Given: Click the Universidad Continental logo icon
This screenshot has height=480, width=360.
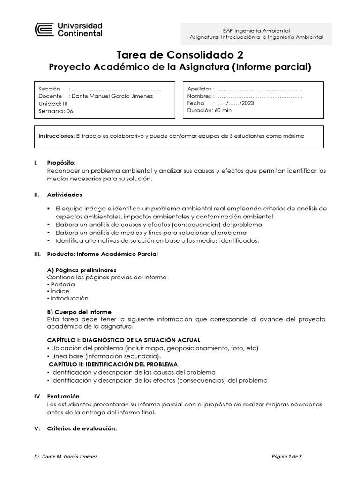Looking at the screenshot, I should coord(45,30).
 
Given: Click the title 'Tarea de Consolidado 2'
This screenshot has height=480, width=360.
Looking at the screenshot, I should coord(180,55).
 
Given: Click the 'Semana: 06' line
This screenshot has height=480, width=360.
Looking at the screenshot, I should coord(56,111).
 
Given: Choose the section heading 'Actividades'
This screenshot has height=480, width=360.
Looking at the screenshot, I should coord(64,194).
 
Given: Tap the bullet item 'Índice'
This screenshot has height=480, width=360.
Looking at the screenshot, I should coord(60,291).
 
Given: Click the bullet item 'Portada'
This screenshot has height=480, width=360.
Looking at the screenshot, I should coord(62,284).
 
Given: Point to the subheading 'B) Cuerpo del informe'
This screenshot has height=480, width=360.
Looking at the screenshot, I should coord(79,312).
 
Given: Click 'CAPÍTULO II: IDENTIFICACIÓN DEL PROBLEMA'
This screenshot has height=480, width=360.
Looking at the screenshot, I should coord(113,364).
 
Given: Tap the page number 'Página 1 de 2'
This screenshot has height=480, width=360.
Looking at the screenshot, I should coord(289,456).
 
